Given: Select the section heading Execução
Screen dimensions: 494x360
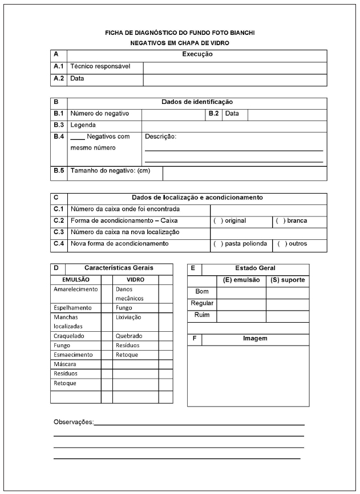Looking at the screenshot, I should [x=197, y=54].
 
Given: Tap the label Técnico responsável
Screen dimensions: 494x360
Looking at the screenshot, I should [x=100, y=66].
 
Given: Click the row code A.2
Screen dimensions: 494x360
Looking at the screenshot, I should [x=59, y=78].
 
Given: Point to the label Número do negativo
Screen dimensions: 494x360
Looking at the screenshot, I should [x=100, y=114].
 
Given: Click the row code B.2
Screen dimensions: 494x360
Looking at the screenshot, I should [x=213, y=114].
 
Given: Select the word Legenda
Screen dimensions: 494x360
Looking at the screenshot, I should [x=83, y=124].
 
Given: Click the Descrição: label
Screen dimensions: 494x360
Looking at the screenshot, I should [x=161, y=136].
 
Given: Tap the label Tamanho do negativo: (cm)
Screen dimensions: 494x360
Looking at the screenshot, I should [x=110, y=171].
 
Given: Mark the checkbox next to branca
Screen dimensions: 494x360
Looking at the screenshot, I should [x=280, y=220].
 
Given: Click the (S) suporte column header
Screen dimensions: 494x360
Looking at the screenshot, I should [x=288, y=280].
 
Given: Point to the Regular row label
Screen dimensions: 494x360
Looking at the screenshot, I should [x=202, y=303].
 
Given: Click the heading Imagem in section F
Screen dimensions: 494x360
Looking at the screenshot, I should [x=254, y=339].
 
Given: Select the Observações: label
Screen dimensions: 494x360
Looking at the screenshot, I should [x=74, y=421].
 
